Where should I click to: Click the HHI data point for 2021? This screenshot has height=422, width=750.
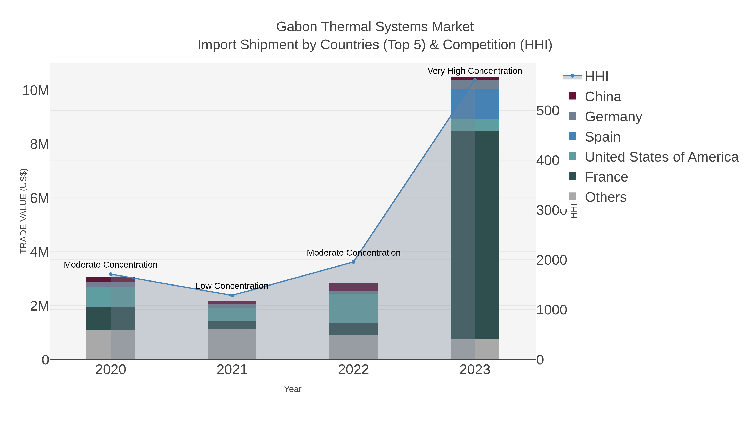tap(232, 295)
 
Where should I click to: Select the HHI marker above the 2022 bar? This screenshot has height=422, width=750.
tap(354, 262)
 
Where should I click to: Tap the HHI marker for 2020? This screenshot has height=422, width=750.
tap(111, 274)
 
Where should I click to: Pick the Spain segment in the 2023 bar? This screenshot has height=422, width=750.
tap(475, 104)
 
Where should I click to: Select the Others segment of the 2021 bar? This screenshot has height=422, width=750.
tap(232, 344)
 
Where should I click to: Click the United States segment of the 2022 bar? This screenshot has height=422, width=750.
tap(354, 308)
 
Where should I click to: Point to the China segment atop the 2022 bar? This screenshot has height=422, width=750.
tap(354, 287)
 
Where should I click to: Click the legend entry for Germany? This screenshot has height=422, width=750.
tap(613, 116)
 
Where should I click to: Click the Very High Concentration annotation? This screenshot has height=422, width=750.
tap(475, 71)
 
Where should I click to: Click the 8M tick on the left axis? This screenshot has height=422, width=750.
tap(39, 144)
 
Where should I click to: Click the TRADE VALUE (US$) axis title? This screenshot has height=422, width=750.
tap(23, 211)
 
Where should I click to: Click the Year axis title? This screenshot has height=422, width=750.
tap(293, 389)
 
